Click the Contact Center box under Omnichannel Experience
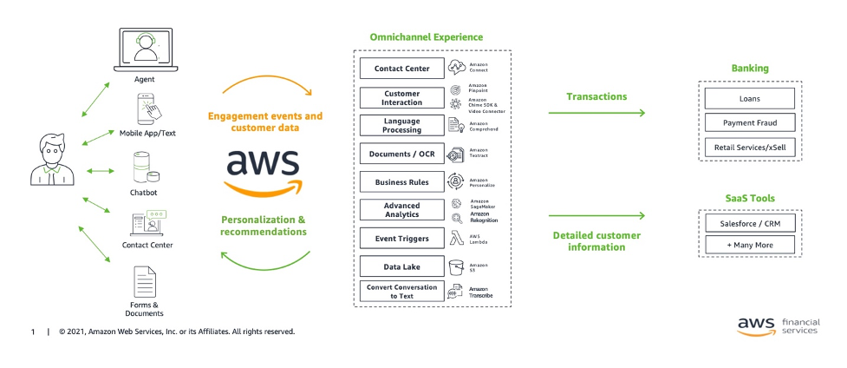pos(401,69)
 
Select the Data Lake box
pos(401,266)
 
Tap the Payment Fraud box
pos(749,122)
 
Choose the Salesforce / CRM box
pos(749,222)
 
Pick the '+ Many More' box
pos(749,245)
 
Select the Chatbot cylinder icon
pos(143,168)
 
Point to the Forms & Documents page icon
pos(144,283)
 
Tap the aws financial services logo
pos(777,325)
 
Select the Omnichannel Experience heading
pos(426,37)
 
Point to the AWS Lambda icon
pos(456,238)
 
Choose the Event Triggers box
pos(401,238)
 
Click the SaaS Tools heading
pos(750,198)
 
